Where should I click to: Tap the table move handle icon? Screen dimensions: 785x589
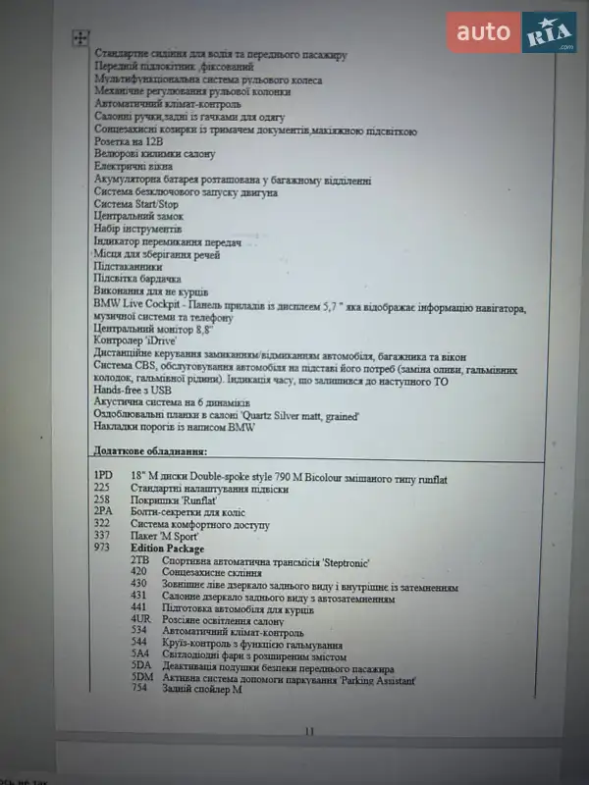[80, 38]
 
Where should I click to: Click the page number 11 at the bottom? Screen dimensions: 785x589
[310, 730]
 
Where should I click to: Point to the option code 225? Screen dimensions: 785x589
[101, 488]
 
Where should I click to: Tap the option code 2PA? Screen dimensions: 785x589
[102, 512]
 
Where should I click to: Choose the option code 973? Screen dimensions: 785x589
[101, 549]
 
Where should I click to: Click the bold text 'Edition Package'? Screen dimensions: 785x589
[168, 549]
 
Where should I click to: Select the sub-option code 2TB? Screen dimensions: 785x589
[139, 560]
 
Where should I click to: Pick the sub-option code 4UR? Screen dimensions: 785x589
[139, 620]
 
